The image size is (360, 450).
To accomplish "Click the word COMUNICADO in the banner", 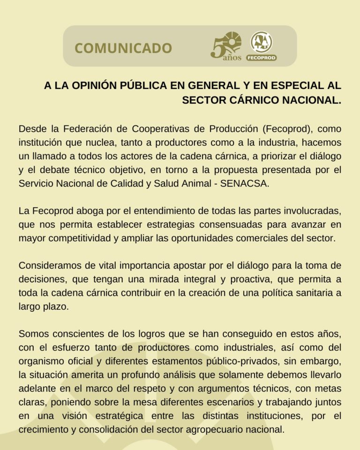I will [123, 48].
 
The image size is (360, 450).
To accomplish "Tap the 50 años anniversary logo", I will [226, 46].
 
